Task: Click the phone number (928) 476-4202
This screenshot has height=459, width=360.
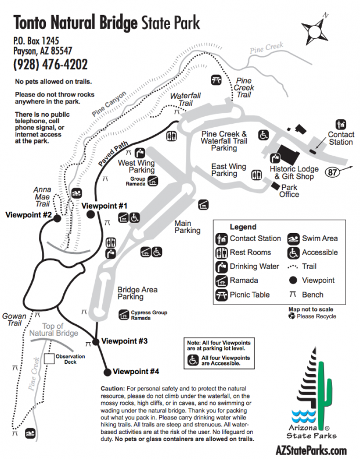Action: point(51,64)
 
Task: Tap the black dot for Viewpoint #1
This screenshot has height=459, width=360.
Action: point(91,214)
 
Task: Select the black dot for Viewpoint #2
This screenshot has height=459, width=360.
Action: point(59,216)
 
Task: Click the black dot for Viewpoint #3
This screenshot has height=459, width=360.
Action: point(95,341)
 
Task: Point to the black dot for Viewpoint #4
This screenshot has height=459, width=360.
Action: point(107,372)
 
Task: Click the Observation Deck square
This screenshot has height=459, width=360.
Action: point(51,359)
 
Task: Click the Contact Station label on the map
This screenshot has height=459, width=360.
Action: point(341,139)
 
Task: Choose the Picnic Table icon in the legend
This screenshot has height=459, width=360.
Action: point(221,295)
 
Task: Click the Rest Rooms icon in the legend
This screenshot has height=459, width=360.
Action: point(221,253)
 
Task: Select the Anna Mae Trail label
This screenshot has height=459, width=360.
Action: point(42,196)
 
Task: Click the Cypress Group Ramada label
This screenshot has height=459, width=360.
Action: point(149,315)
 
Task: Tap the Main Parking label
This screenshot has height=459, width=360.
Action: point(187,227)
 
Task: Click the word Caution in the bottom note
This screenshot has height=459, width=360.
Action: point(113,388)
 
